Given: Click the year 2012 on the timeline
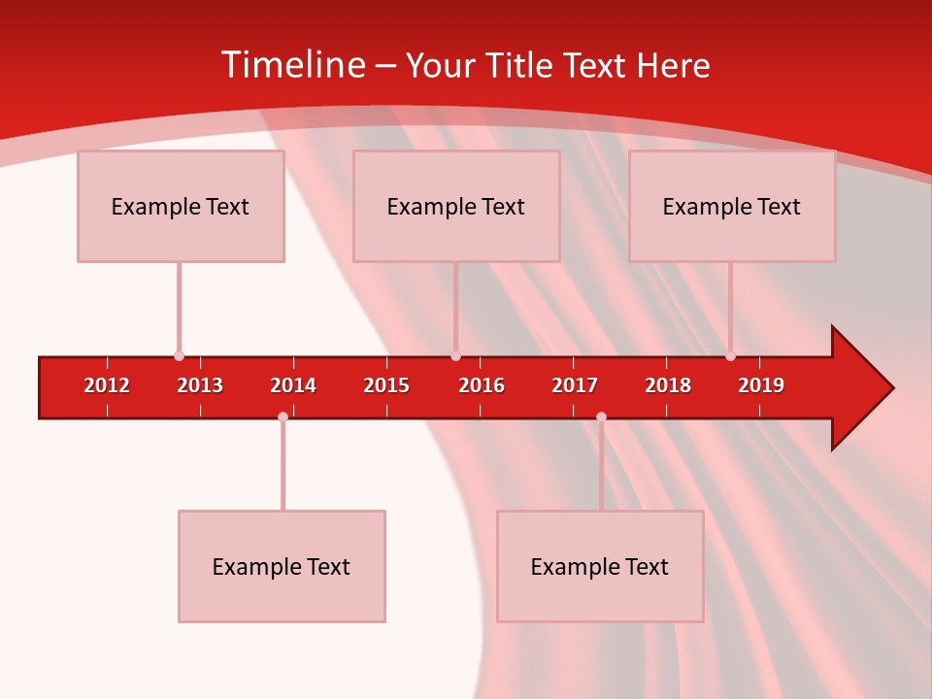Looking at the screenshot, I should point(107,385).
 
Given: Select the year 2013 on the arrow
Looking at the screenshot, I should point(200,385).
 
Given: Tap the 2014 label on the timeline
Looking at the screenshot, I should point(293,385).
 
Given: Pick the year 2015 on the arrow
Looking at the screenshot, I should point(386,385).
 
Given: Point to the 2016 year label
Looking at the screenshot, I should point(482,385).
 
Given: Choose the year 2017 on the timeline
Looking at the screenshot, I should point(575,385).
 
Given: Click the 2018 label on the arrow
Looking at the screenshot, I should point(668,385).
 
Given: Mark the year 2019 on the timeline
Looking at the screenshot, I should point(761,385).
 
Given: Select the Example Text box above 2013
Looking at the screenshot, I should point(181,206).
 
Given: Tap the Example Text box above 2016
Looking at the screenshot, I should point(456,206).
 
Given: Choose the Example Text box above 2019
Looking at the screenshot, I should point(732,206).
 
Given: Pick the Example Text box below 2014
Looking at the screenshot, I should point(282,566).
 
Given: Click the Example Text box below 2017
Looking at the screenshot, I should point(600,566).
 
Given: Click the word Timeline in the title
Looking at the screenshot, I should point(292,65).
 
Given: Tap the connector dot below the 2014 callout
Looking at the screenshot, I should point(283,416).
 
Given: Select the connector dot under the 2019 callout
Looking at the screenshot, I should point(730,356).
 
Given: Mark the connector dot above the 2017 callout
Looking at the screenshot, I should point(601,416).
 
